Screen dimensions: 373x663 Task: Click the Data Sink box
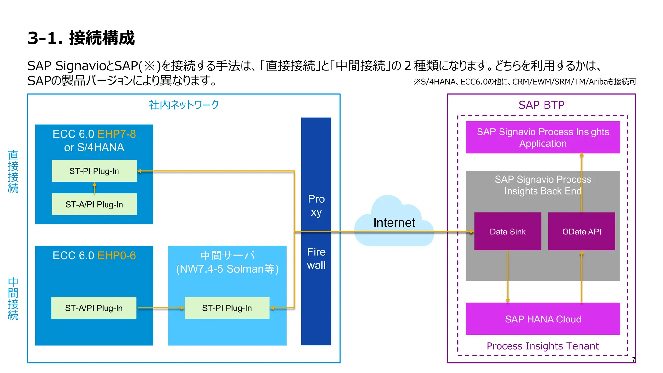pos(507,232)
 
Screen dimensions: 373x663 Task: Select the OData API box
pos(581,232)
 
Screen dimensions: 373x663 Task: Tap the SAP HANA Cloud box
pos(543,319)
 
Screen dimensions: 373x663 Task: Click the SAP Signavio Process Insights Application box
pos(543,137)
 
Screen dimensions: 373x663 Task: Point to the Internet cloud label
pos(394,222)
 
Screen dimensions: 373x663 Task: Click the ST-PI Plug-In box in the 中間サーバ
pos(227,308)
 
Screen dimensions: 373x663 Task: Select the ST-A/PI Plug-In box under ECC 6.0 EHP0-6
pos(94,308)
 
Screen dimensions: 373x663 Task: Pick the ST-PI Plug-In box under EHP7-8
pos(94,171)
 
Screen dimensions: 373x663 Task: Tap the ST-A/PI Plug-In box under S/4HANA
pos(94,204)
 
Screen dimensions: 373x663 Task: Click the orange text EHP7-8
pos(117,134)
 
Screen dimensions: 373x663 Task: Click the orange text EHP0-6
pos(117,255)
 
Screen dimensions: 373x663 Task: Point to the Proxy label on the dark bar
pos(316,205)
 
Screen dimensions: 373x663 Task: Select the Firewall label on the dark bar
pos(316,258)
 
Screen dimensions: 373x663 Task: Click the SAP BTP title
pos(541,105)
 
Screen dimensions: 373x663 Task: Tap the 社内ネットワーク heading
pos(184,105)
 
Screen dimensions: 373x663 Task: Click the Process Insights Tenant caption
pos(543,346)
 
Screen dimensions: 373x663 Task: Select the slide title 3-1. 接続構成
pos(81,38)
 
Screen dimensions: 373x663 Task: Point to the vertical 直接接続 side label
pos(13,171)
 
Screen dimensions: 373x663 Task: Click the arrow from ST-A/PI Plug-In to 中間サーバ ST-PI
pos(161,308)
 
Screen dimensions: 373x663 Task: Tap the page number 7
pos(634,359)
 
